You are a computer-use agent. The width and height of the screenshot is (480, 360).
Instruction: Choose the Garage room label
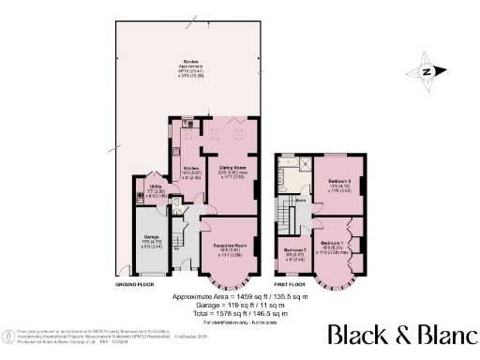[x=150, y=243]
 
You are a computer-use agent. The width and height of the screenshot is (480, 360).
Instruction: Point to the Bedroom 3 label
[x=293, y=251]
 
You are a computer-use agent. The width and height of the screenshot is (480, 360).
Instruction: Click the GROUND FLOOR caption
[x=134, y=284]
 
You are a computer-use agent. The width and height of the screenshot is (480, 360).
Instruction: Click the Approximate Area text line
[x=240, y=296]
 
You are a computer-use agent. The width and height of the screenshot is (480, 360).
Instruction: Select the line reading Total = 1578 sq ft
[x=240, y=313]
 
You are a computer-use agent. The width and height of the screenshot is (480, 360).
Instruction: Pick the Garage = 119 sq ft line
[x=240, y=305]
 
